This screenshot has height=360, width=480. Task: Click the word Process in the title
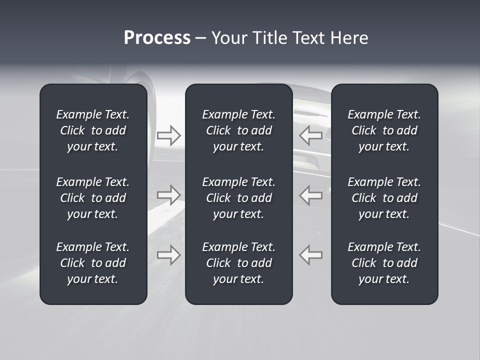click(157, 38)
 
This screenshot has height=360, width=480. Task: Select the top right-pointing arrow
click(169, 135)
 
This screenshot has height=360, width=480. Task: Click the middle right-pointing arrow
click(169, 195)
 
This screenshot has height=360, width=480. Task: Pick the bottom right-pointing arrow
click(169, 255)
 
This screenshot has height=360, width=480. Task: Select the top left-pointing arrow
click(311, 135)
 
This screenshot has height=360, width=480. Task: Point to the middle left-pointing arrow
click(311, 195)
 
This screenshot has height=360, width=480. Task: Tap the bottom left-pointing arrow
click(311, 255)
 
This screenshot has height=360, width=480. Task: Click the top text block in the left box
click(93, 130)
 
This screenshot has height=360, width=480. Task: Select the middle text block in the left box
click(93, 198)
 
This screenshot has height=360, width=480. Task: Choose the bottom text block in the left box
click(93, 263)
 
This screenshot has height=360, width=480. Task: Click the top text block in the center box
click(239, 130)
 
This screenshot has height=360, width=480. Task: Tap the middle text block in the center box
click(239, 198)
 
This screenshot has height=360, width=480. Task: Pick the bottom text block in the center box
click(239, 263)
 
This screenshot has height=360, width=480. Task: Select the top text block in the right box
click(384, 130)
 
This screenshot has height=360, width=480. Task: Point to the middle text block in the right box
click(384, 198)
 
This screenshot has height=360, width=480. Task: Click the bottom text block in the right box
click(384, 263)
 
